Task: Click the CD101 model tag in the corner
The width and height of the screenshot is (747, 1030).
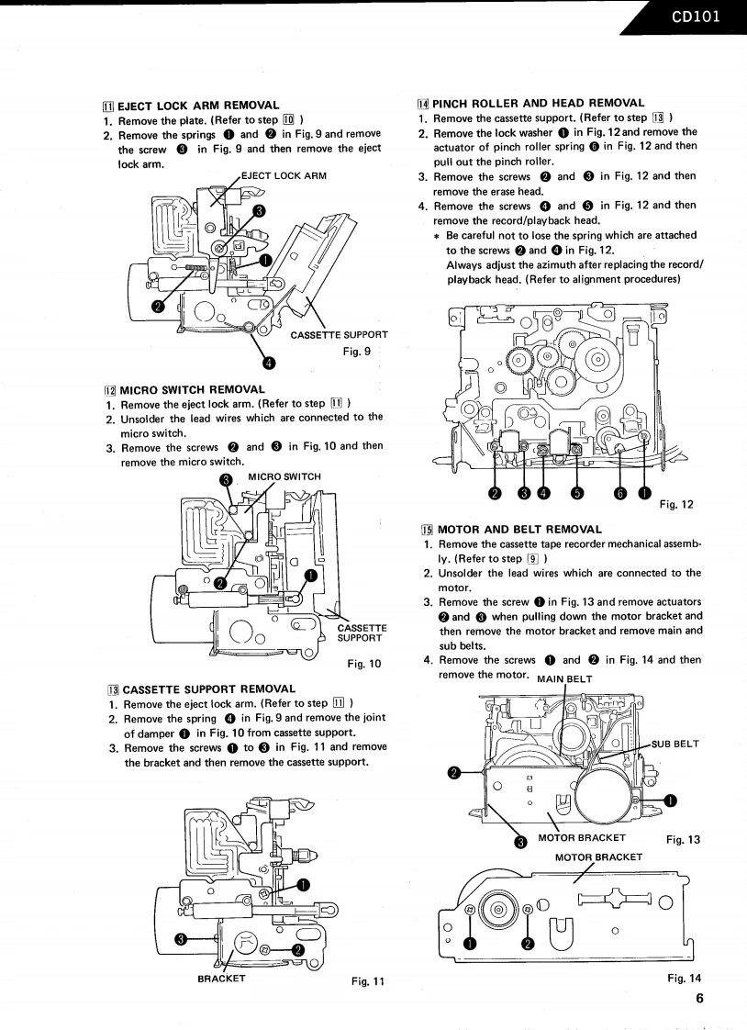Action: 696,16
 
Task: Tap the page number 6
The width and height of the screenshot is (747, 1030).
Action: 699,1000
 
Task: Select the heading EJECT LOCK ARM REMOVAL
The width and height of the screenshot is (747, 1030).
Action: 198,106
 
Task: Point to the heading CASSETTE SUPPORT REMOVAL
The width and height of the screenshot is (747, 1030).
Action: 208,689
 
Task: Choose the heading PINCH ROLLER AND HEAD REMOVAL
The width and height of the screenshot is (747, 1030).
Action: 538,103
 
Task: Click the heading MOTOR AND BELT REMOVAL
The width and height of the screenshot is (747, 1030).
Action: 519,530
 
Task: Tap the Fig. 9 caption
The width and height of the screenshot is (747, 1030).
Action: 356,350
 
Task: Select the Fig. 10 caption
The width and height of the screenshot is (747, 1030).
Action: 363,664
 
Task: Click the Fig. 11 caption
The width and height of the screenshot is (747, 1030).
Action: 368,981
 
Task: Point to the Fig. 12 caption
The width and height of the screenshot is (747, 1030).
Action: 676,503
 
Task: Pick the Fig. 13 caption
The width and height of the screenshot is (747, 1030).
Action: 683,838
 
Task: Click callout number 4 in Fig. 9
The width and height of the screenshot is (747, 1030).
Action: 268,363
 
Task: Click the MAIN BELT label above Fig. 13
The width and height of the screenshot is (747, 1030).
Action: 564,679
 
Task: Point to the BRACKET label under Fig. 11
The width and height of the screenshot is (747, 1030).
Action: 221,979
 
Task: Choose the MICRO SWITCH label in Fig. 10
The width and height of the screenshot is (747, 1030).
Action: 284,476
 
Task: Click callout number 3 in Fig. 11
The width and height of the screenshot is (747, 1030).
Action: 182,938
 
